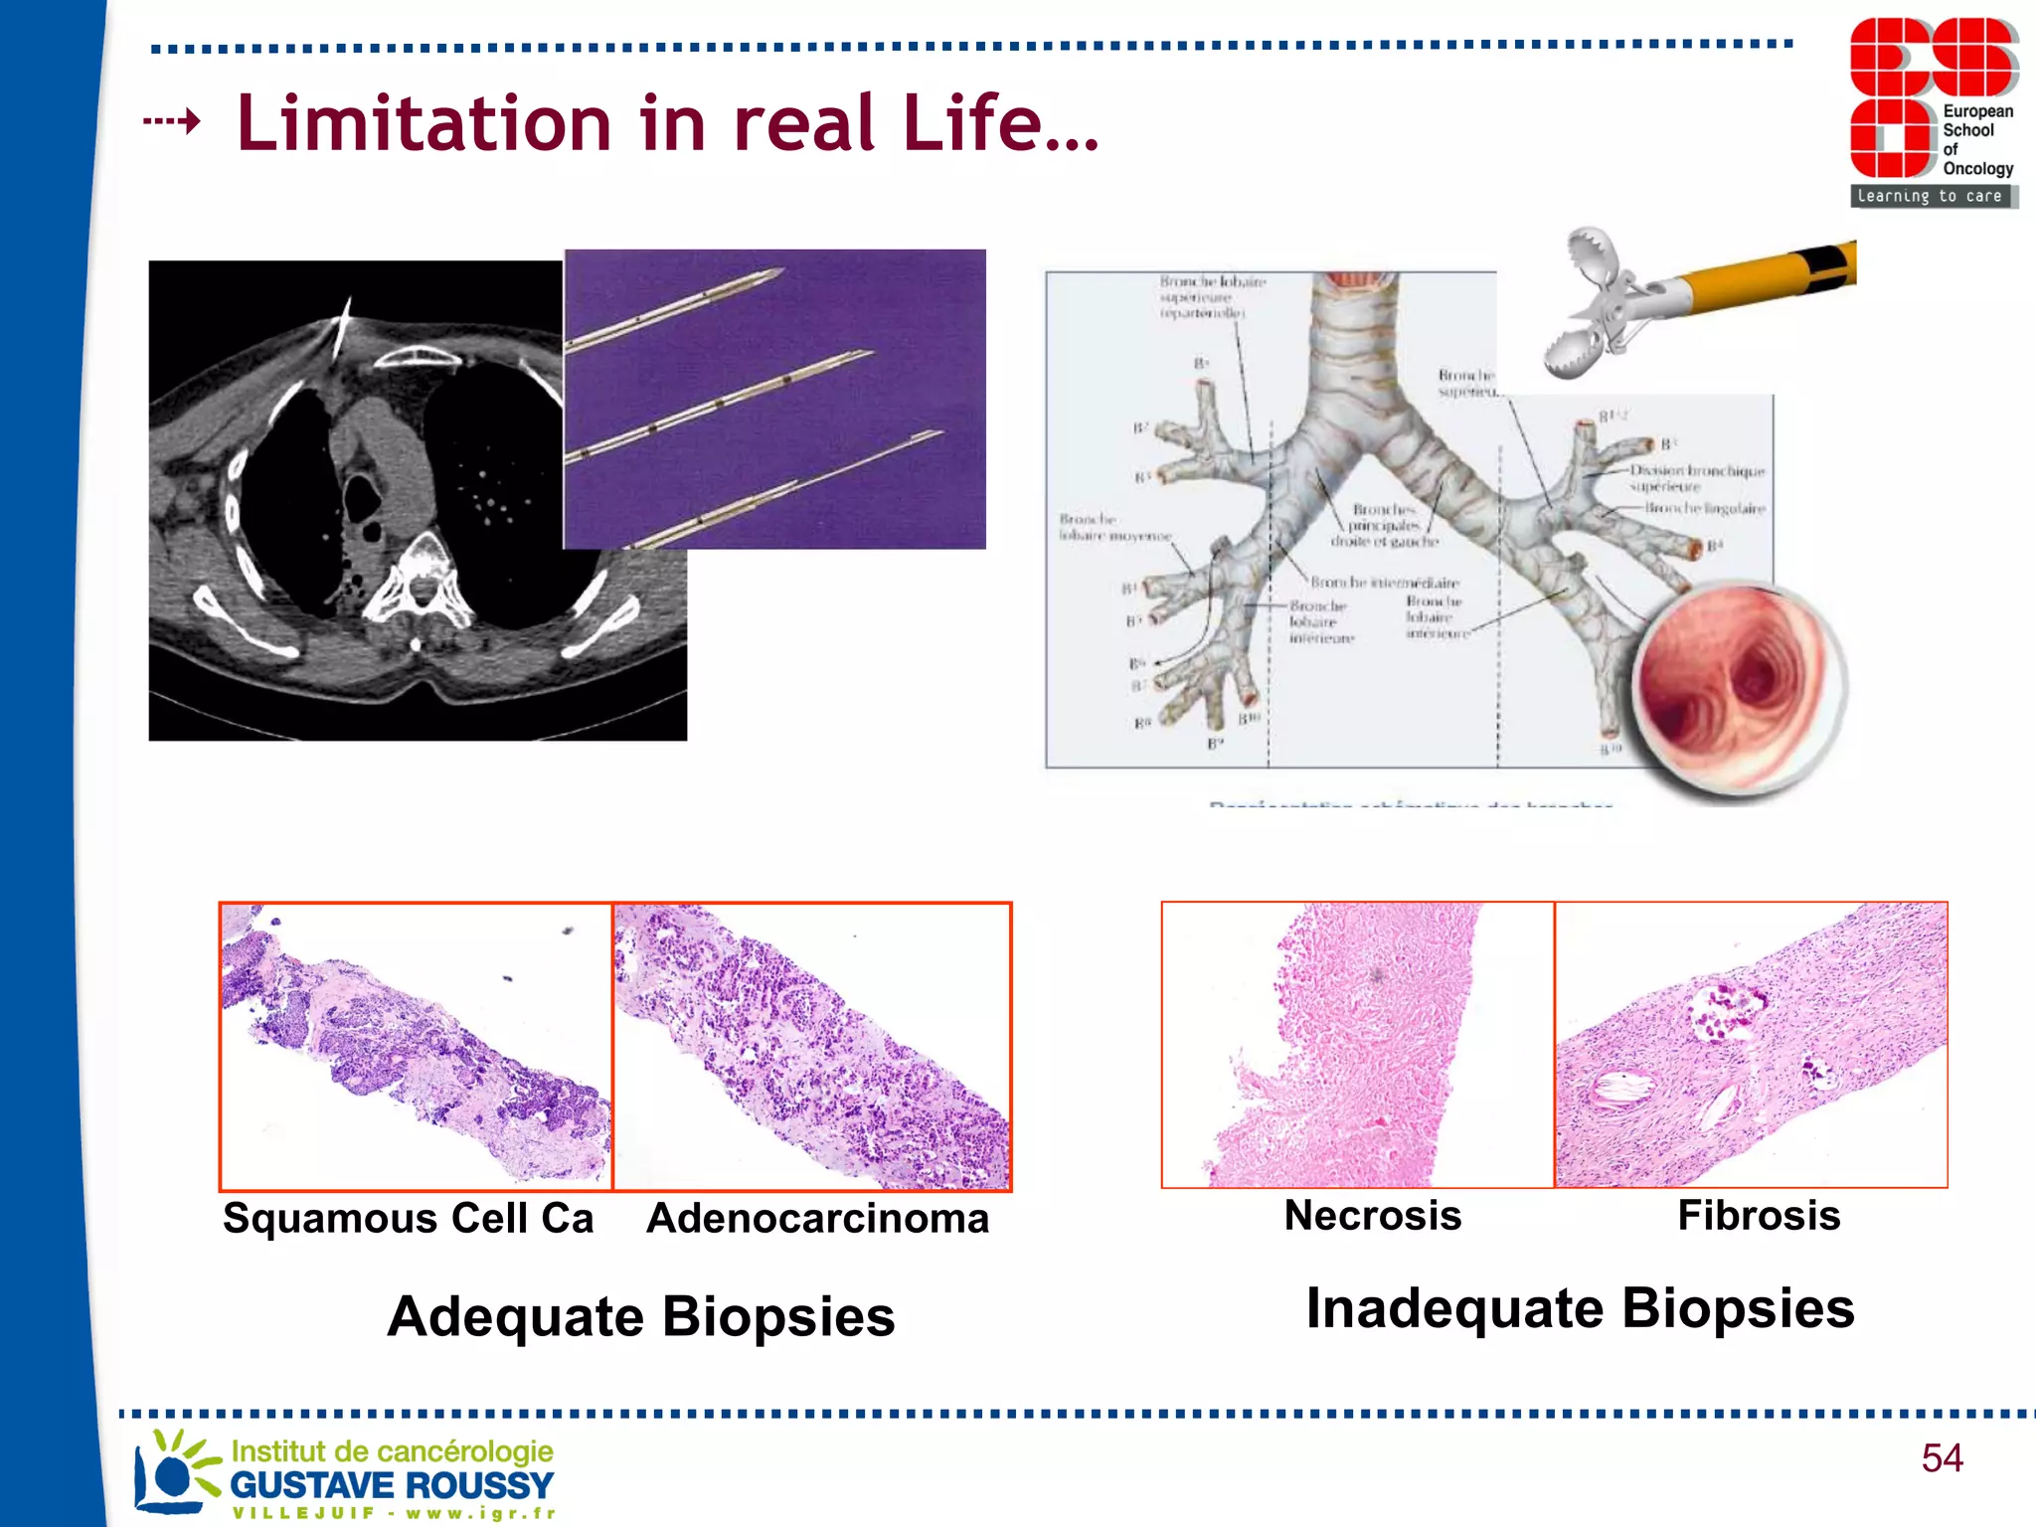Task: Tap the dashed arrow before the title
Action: [172, 122]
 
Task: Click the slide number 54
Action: [1941, 1458]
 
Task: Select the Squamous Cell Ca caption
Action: [408, 1219]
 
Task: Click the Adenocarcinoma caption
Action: [817, 1219]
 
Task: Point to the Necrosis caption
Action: [1372, 1216]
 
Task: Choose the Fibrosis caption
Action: [1758, 1216]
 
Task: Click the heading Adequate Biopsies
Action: [640, 1316]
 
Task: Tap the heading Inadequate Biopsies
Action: [1579, 1308]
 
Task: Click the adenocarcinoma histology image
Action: [812, 1046]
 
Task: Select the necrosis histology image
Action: [1357, 1045]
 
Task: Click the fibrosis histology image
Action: [1751, 1045]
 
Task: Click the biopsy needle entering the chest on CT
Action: [341, 328]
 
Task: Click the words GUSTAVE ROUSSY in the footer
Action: [392, 1485]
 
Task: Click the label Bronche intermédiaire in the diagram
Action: [1384, 583]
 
